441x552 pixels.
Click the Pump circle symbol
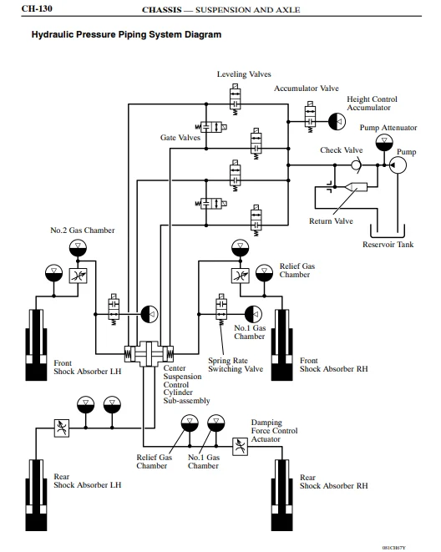pos(398,165)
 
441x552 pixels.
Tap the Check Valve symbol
pos(356,165)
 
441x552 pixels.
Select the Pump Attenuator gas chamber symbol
pos(384,143)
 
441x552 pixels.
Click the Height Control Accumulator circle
pos(337,122)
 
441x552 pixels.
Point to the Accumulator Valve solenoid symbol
pos(310,117)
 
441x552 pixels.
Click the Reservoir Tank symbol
pos(388,230)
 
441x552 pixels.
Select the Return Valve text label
pos(331,221)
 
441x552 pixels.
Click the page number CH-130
pos(37,8)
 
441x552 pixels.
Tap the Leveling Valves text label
pos(244,74)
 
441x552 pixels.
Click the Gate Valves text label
pos(180,137)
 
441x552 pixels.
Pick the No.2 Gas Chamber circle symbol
pos(78,248)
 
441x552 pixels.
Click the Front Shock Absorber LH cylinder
pos(36,345)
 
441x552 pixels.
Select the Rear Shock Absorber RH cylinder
pos(282,495)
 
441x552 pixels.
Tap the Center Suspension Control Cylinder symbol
pos(149,354)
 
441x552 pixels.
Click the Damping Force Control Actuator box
pos(240,447)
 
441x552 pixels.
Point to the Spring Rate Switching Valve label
pos(236,365)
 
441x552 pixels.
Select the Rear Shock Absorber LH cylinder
pos(36,495)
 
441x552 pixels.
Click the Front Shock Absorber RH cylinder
pos(282,345)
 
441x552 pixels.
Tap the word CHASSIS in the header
pos(162,10)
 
